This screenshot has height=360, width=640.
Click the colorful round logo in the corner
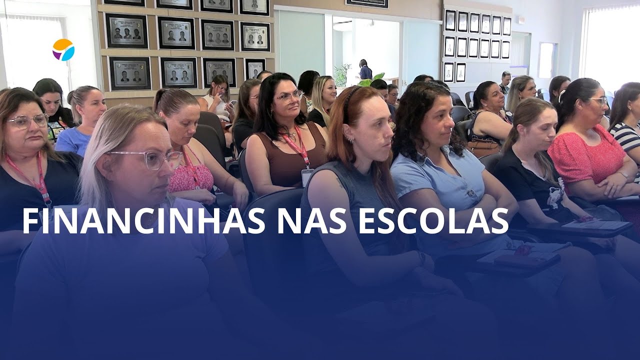(x=63, y=49)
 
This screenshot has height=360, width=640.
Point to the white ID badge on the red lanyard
(x=306, y=176)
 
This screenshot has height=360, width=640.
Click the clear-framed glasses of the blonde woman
(x=150, y=159)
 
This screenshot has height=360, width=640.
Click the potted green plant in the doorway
(x=343, y=75)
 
